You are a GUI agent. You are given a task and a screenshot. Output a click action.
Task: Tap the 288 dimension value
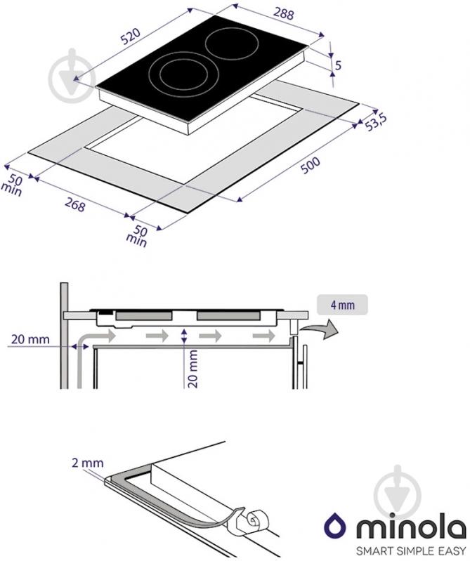coord(284,13)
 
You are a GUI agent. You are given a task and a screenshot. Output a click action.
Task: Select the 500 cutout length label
coord(310,165)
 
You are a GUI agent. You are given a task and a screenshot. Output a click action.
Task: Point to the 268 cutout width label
coord(75,204)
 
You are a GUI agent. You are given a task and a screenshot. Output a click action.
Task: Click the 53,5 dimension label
coord(375,122)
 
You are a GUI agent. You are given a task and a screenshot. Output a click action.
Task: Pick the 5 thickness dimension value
coord(338,65)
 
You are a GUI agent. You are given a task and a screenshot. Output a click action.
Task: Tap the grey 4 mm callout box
coord(342,305)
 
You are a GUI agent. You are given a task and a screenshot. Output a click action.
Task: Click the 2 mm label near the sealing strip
coord(88,463)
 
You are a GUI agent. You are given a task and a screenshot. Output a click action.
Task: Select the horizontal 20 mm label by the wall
coord(30,339)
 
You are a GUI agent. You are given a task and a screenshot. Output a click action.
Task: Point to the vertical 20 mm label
coord(192,369)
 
